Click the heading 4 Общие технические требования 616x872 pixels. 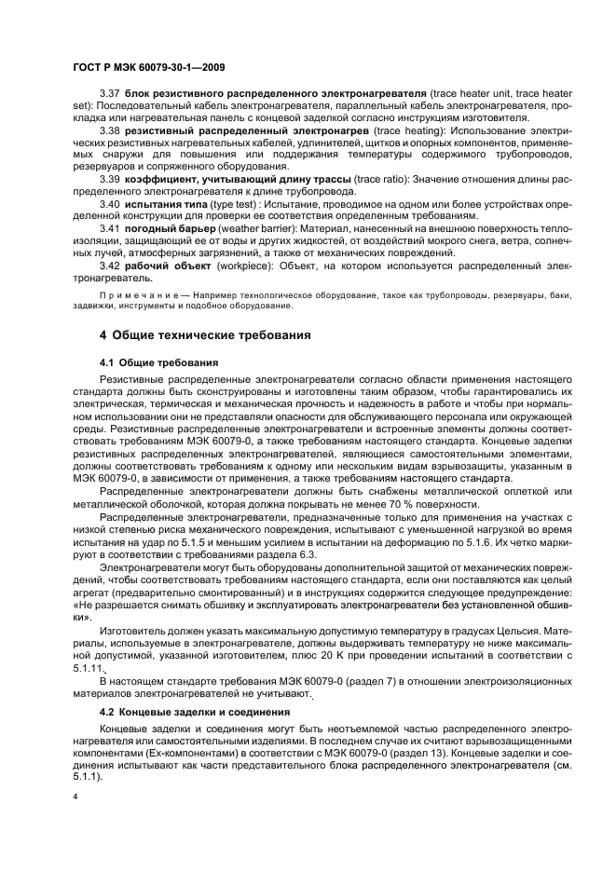click(x=205, y=334)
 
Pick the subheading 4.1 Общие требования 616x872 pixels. click(x=159, y=361)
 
